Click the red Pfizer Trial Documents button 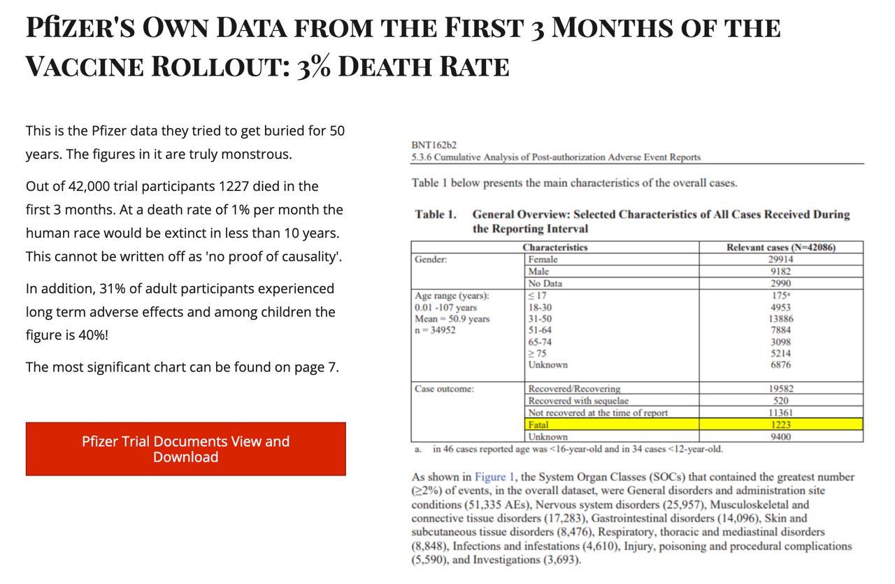click(185, 449)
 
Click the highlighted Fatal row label click(538, 425)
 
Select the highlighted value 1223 click(780, 425)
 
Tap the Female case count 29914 click(780, 259)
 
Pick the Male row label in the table click(538, 271)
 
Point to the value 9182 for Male click(780, 271)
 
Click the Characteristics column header click(554, 248)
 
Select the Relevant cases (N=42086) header click(780, 248)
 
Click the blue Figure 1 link click(494, 477)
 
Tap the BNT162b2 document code click(434, 145)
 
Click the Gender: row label click(431, 259)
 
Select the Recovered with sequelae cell click(578, 401)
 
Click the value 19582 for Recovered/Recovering click(780, 389)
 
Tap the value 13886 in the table click(780, 318)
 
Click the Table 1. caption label click(435, 215)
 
